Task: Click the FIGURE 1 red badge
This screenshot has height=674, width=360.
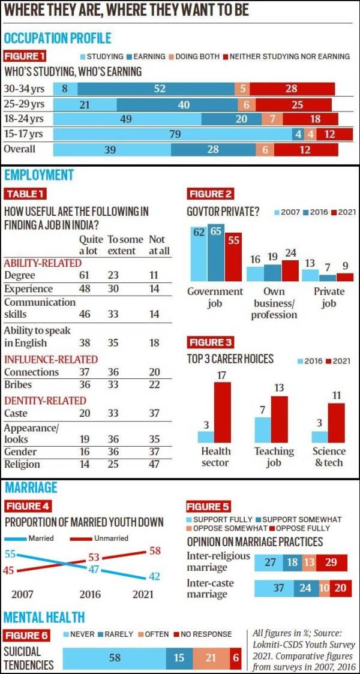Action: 25,56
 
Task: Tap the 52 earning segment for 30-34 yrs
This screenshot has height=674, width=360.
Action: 160,89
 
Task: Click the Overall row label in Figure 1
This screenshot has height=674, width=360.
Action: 20,149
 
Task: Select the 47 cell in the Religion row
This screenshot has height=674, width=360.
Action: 155,464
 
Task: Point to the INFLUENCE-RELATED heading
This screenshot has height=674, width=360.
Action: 50,359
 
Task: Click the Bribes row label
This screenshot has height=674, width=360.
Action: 19,384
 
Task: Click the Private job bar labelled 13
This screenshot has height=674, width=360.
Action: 310,275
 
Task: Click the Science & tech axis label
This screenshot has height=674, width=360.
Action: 329,456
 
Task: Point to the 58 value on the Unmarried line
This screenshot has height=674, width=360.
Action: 155,551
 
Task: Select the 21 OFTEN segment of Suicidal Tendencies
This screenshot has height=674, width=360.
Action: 210,658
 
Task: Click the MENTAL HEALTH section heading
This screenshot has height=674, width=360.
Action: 44,617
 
